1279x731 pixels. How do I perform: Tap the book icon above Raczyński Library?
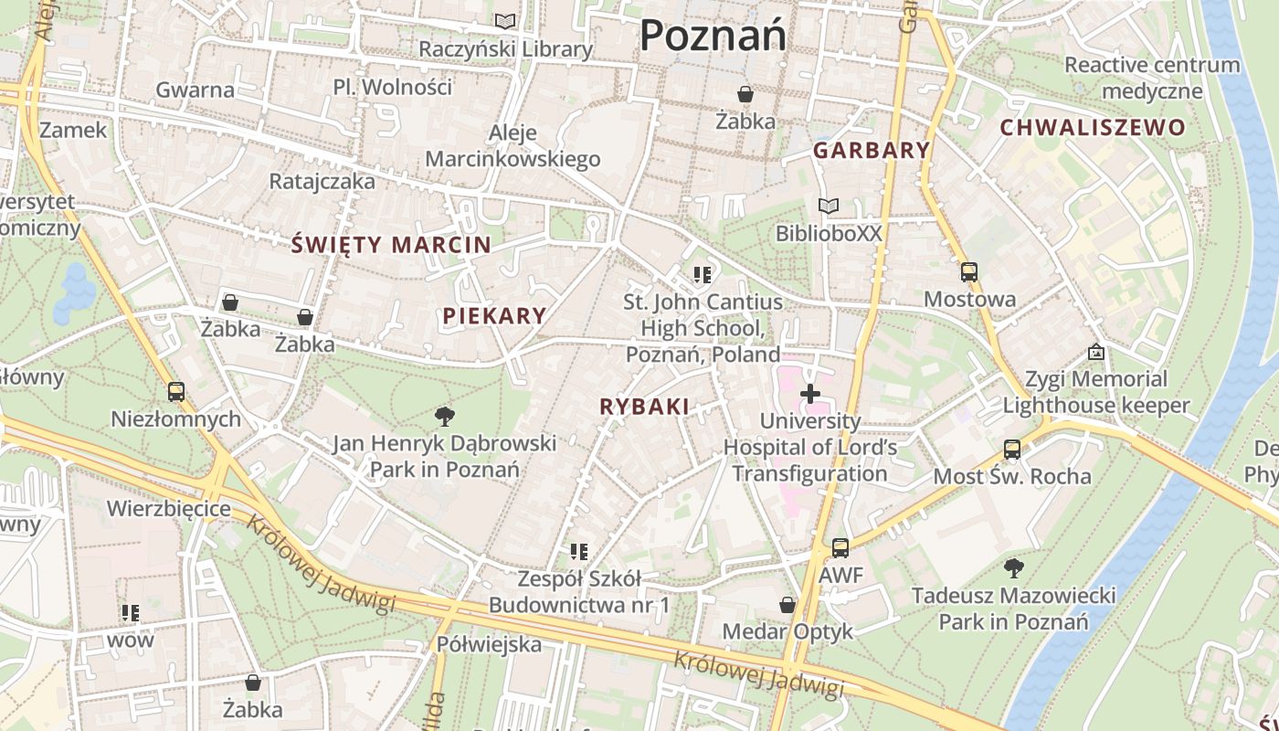click(x=505, y=21)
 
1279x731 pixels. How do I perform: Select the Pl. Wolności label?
click(x=393, y=88)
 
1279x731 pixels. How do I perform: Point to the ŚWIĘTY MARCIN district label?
click(x=391, y=245)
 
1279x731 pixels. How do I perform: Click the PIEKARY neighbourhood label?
click(x=494, y=317)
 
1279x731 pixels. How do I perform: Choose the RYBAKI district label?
click(x=644, y=408)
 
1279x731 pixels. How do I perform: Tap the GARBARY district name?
click(x=871, y=151)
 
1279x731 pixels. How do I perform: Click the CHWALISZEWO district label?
click(x=1092, y=128)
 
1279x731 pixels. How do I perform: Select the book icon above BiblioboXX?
click(x=829, y=207)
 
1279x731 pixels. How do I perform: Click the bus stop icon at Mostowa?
click(x=968, y=272)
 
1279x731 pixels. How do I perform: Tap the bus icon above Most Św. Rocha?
click(x=1011, y=450)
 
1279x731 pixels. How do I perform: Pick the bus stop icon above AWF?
click(x=840, y=548)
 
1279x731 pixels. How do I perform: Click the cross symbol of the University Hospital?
click(x=809, y=394)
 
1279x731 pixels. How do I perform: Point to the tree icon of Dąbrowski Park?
click(x=445, y=417)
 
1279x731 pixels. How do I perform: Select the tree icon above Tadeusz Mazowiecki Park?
click(x=1013, y=568)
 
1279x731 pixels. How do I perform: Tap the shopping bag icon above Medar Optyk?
click(x=787, y=605)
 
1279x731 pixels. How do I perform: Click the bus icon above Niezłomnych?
click(x=175, y=392)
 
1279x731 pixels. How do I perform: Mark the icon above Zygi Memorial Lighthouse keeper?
click(x=1095, y=352)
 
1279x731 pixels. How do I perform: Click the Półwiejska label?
click(x=489, y=644)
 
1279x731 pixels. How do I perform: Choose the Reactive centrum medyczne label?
click(x=1152, y=78)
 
